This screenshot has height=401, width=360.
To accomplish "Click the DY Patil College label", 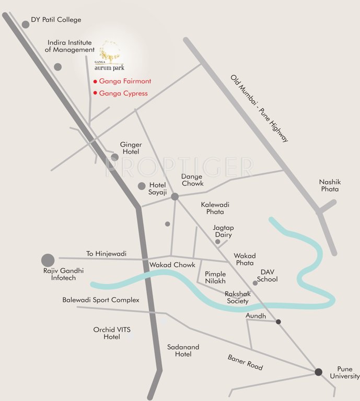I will click(56, 20).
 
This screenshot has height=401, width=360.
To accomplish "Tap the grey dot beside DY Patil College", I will click(25, 24).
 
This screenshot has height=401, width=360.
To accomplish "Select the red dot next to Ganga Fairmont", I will click(95, 81).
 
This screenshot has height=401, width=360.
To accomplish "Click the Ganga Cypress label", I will click(123, 93).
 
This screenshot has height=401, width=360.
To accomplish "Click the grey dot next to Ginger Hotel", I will click(115, 157).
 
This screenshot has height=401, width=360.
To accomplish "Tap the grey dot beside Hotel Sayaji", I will click(142, 186).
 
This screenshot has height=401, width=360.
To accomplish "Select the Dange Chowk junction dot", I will click(175, 196).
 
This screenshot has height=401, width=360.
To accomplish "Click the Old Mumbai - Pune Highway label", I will click(259, 109).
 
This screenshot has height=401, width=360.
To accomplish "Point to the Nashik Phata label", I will click(329, 185).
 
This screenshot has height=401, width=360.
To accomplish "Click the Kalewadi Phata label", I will click(215, 208).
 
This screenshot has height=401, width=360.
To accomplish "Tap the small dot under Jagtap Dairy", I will click(218, 242).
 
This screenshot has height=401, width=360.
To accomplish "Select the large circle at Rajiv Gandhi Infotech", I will click(48, 260).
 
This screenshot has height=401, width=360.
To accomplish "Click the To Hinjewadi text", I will click(107, 254).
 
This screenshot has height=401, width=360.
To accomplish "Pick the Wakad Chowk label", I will click(172, 265).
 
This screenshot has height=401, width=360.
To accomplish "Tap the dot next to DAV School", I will click(255, 283).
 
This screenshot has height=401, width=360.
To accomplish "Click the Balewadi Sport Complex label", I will click(101, 300).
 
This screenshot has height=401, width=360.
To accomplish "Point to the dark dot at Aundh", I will click(278, 322).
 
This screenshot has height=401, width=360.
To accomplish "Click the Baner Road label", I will click(245, 362).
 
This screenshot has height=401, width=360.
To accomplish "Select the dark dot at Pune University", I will click(318, 372).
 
